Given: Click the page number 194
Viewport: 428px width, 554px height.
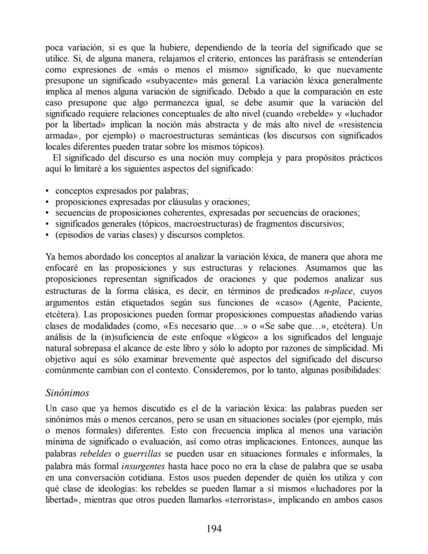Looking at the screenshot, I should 214,528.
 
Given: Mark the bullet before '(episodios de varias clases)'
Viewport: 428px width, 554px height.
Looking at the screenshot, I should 48,234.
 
